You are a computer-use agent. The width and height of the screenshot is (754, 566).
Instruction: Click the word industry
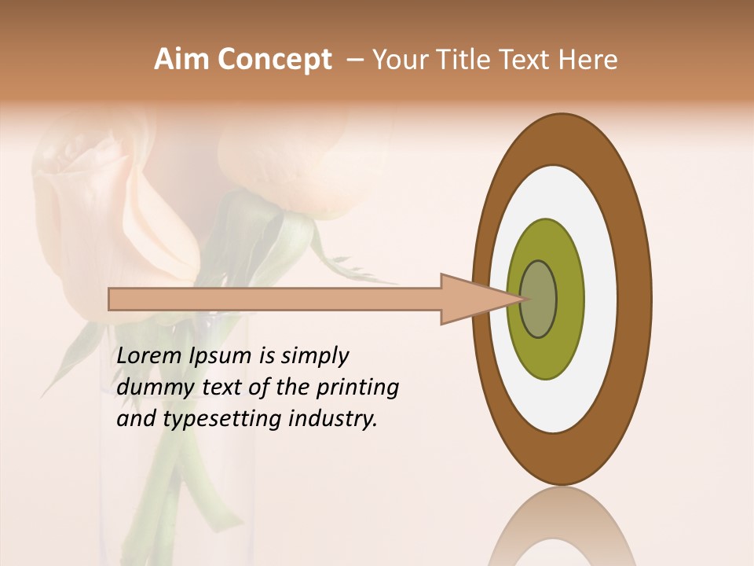pyautogui.click(x=333, y=419)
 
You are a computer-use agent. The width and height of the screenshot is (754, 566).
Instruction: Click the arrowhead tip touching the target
pyautogui.click(x=519, y=299)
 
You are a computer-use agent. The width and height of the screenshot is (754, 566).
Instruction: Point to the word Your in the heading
pyautogui.click(x=397, y=60)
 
